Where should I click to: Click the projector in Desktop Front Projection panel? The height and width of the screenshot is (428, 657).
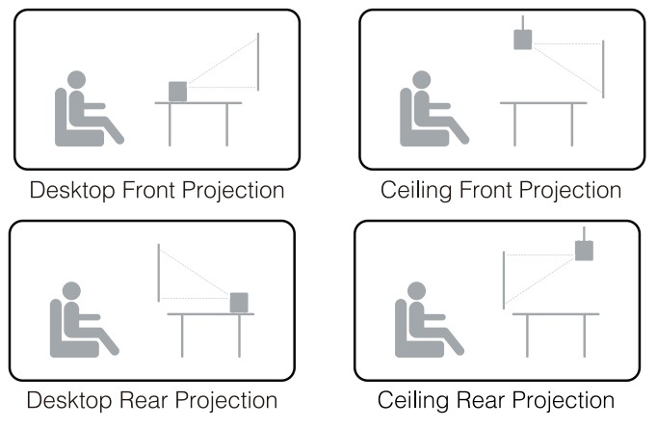click(178, 91)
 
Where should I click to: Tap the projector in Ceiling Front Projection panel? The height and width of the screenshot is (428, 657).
click(522, 40)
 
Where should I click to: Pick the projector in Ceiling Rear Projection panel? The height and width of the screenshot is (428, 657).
click(584, 252)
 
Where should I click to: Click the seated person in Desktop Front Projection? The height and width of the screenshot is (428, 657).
click(82, 111)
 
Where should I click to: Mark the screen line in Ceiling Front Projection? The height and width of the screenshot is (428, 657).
click(603, 68)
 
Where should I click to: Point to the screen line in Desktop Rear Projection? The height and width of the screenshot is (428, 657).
click(159, 273)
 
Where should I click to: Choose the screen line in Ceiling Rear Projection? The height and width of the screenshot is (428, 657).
click(504, 280)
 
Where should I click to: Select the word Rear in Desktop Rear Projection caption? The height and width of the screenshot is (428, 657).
click(139, 399)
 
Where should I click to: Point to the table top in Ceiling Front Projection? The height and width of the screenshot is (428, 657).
click(543, 103)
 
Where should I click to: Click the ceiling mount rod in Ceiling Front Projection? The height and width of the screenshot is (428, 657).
click(522, 22)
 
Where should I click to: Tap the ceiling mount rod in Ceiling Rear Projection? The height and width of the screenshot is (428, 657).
click(584, 233)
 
